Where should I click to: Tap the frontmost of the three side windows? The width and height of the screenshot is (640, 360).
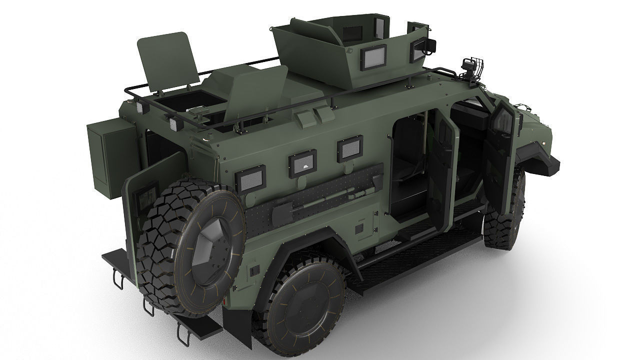[349, 149]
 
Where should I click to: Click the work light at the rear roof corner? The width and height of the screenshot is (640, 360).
[176, 123]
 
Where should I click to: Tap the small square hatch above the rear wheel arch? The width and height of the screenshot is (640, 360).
[359, 228]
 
